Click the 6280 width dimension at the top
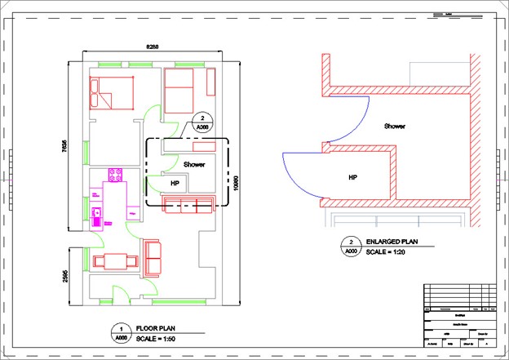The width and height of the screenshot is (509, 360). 153,48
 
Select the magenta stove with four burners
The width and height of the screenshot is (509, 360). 115,175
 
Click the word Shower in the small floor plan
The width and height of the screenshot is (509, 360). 194,164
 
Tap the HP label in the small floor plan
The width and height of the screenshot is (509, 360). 175,184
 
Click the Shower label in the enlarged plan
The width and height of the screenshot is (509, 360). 396,127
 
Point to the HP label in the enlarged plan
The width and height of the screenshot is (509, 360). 353,176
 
